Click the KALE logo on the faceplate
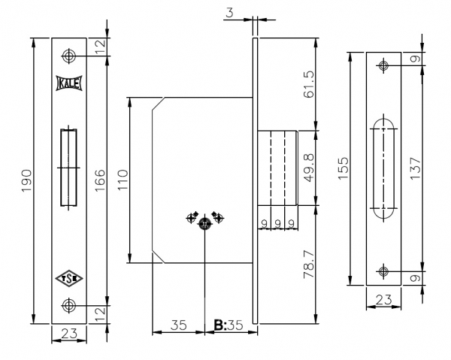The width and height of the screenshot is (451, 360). click(69, 83)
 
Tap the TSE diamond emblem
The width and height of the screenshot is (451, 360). click(69, 278)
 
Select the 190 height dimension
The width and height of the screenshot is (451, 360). click(27, 180)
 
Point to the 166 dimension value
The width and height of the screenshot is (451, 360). click(100, 180)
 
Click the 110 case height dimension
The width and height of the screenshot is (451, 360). click(123, 180)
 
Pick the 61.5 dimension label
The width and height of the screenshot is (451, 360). click(309, 84)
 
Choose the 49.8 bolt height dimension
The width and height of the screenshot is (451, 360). click(309, 168)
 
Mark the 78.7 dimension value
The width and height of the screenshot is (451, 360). click(309, 265)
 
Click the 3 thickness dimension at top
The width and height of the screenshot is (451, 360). click(229, 13)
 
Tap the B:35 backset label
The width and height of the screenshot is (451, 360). click(229, 325)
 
